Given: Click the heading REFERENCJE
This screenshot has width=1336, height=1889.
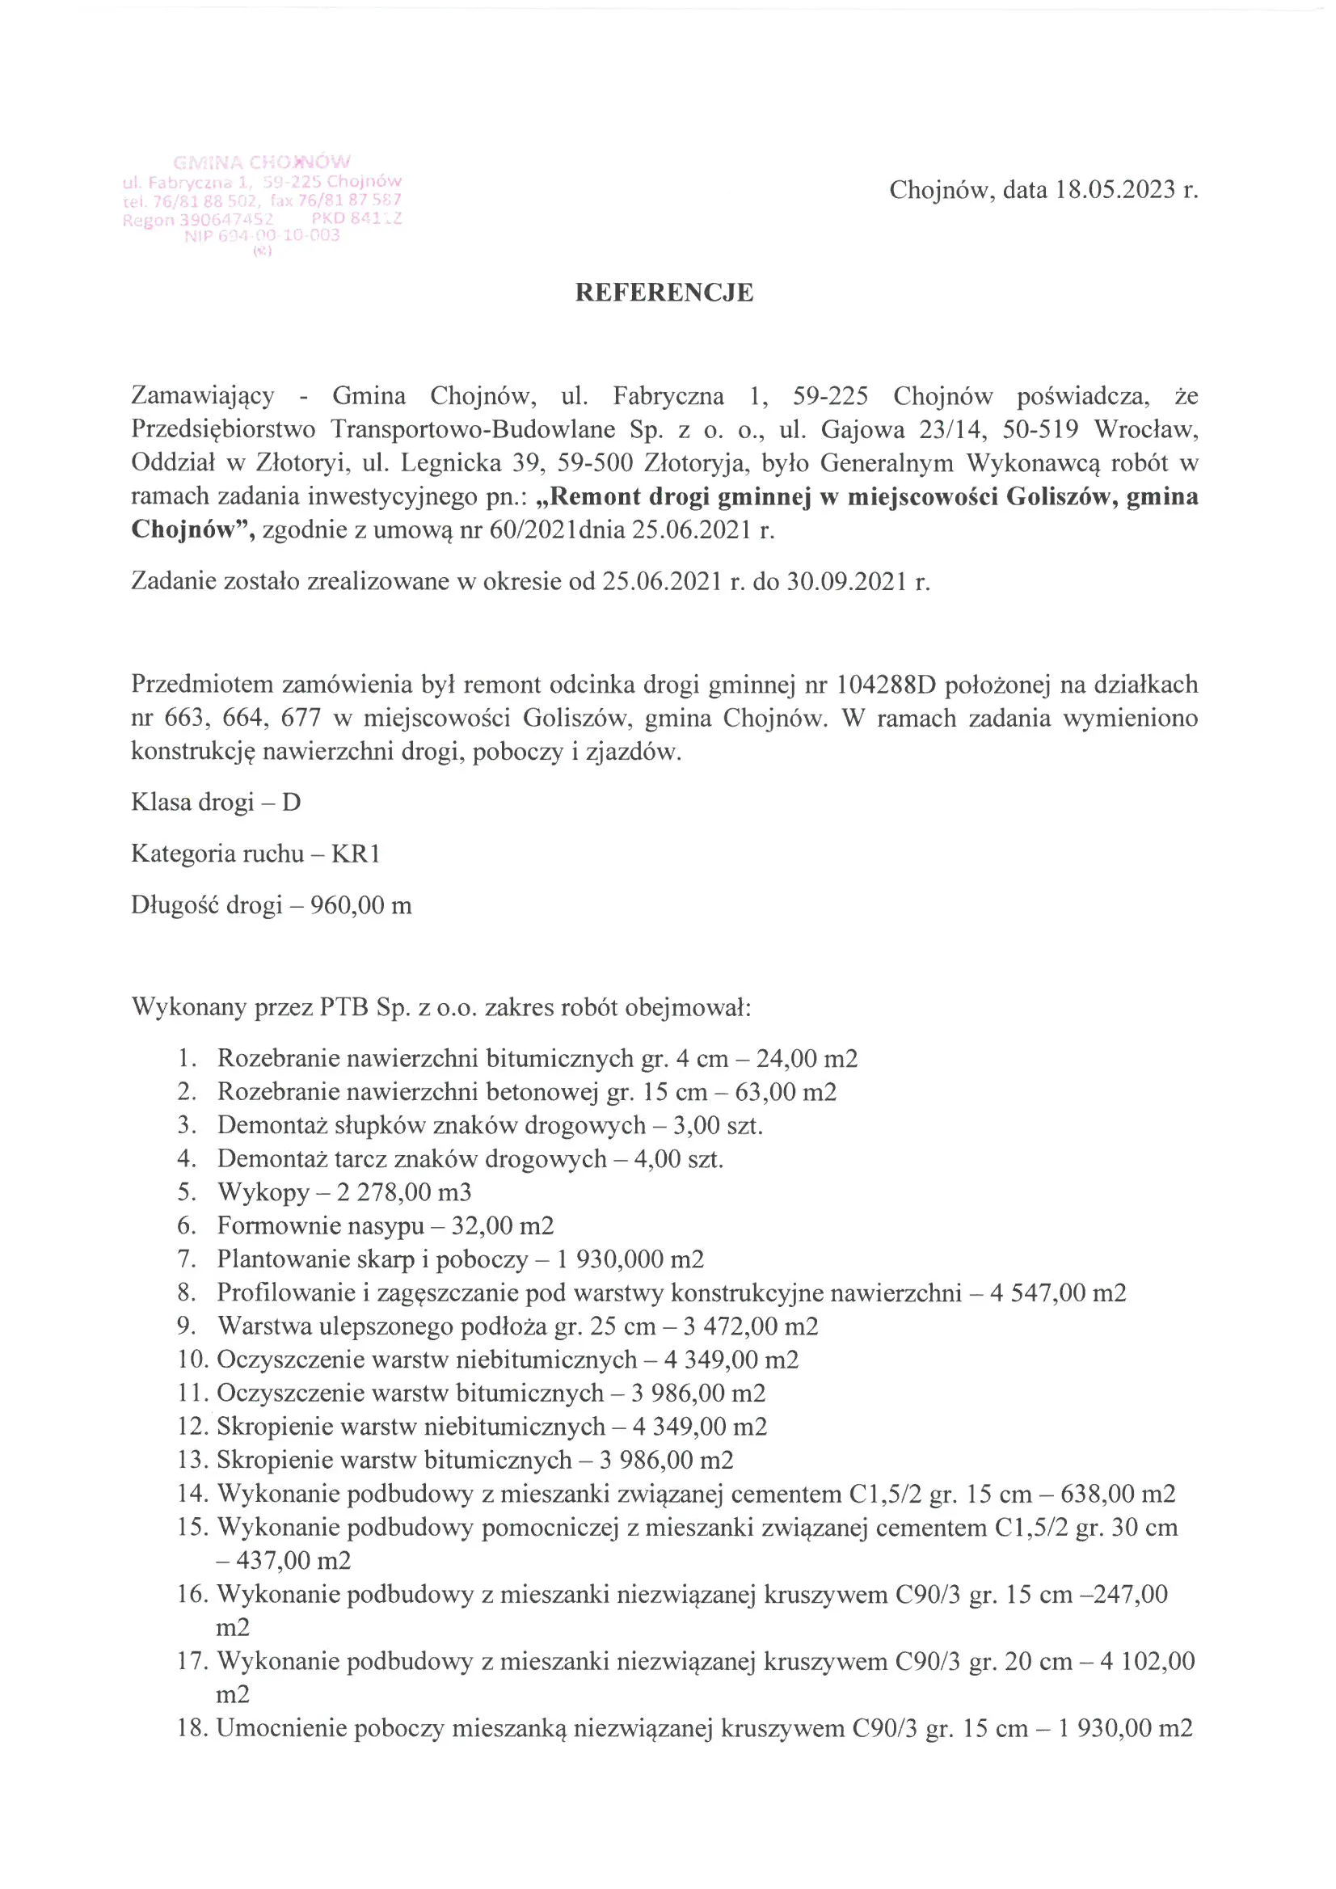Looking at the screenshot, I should pyautogui.click(x=663, y=293).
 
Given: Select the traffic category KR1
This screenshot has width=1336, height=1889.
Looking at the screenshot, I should pyautogui.click(x=356, y=854).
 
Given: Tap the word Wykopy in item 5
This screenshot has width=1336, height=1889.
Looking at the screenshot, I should pyautogui.click(x=263, y=1192).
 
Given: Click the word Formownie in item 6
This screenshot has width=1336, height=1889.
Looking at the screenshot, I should pyautogui.click(x=278, y=1226).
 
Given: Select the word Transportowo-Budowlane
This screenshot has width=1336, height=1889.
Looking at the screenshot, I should pyautogui.click(x=473, y=429).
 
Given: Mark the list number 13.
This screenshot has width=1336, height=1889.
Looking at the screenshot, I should pyautogui.click(x=188, y=1461).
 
